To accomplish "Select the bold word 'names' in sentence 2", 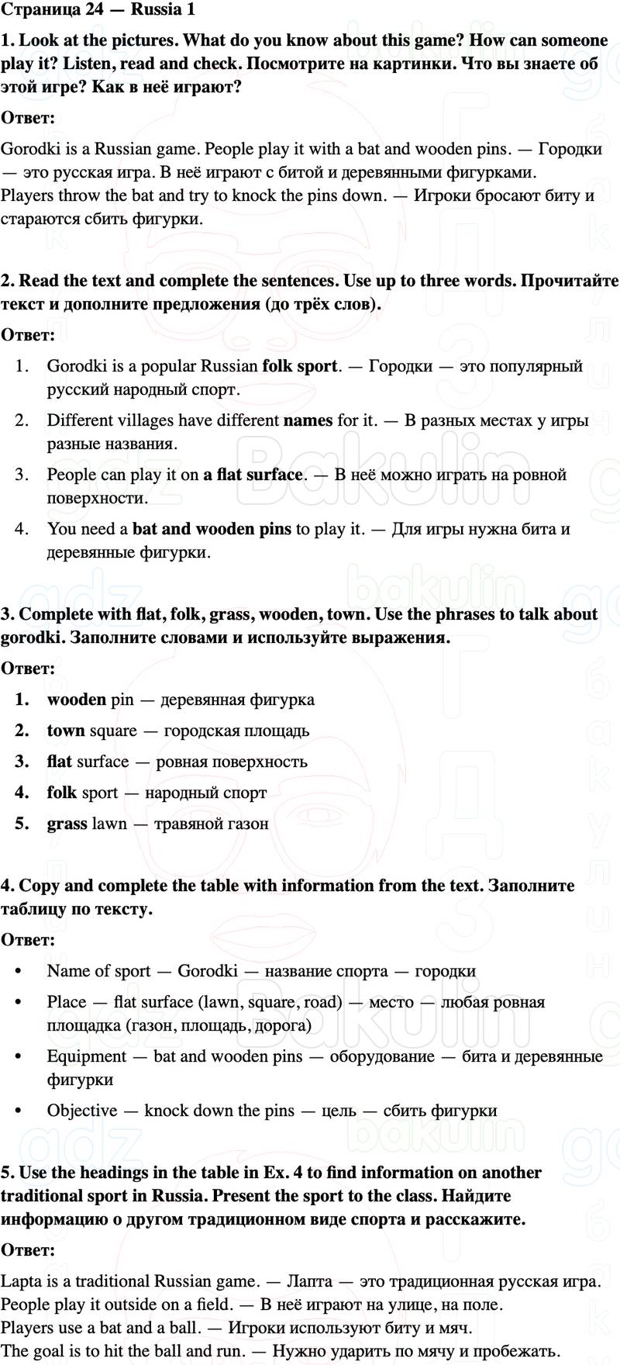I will (x=308, y=420).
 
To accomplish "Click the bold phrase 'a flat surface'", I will (x=253, y=475).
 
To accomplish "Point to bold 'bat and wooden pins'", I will (x=212, y=529).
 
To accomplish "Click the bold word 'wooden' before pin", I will (x=76, y=700).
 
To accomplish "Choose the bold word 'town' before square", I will (x=66, y=731).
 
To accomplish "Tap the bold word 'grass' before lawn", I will (x=67, y=824).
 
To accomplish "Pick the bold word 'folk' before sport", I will (x=61, y=793).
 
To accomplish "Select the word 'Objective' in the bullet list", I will (x=82, y=1111).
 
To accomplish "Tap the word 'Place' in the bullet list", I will (x=67, y=1002).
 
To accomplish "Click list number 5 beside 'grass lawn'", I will (x=22, y=824).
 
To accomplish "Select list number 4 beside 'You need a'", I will (x=22, y=529).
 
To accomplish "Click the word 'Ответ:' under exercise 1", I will (x=27, y=118).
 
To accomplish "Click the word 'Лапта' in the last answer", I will (x=309, y=1281).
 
